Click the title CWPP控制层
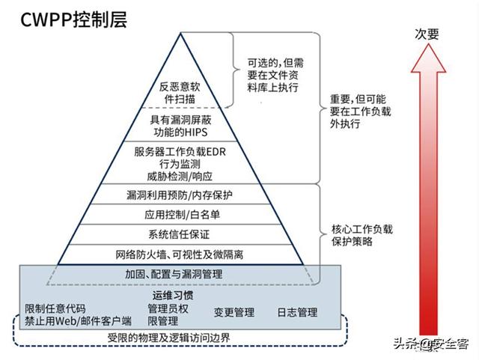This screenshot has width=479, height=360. point(70,19)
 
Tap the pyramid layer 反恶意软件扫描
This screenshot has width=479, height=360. point(180,91)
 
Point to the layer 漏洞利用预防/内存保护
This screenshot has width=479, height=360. point(180,195)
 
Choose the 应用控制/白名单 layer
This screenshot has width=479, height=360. point(180,215)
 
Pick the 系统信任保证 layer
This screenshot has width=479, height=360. point(180,234)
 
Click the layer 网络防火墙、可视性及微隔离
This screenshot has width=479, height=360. point(180,254)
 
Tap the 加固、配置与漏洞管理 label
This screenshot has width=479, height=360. point(174,275)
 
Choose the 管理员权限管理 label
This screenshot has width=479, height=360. point(168,314)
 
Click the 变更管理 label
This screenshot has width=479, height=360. point(234,312)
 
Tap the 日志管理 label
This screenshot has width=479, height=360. point(297,312)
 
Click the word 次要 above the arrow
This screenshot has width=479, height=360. point(428,34)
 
